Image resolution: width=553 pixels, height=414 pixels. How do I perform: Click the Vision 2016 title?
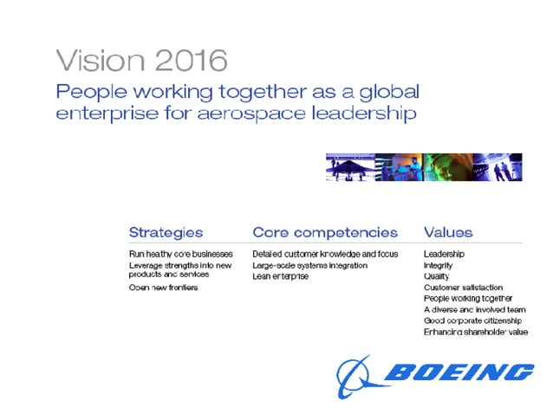pyautogui.click(x=142, y=61)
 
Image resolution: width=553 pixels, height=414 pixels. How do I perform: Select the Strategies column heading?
pyautogui.click(x=166, y=232)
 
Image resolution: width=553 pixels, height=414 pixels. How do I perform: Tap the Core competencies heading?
pyautogui.click(x=325, y=232)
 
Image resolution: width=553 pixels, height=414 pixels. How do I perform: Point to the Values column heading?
pyautogui.click(x=448, y=232)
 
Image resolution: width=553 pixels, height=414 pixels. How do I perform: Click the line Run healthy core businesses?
pyautogui.click(x=180, y=254)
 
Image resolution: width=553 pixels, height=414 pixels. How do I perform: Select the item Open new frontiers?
pyautogui.click(x=163, y=288)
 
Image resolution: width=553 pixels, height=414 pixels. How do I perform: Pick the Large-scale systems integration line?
pyautogui.click(x=309, y=265)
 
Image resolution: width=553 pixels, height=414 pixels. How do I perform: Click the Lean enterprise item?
pyautogui.click(x=280, y=276)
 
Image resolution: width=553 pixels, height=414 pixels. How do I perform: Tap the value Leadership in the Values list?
pyautogui.click(x=445, y=254)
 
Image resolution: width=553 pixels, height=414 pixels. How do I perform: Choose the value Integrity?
pyautogui.click(x=438, y=265)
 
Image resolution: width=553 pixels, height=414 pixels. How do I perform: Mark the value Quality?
pyautogui.click(x=436, y=276)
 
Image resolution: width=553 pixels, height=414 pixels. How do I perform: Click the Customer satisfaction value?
pyautogui.click(x=463, y=288)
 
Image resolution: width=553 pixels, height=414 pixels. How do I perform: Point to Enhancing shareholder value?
pyautogui.click(x=475, y=332)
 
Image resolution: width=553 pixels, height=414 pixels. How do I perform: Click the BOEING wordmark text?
pyautogui.click(x=459, y=372)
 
